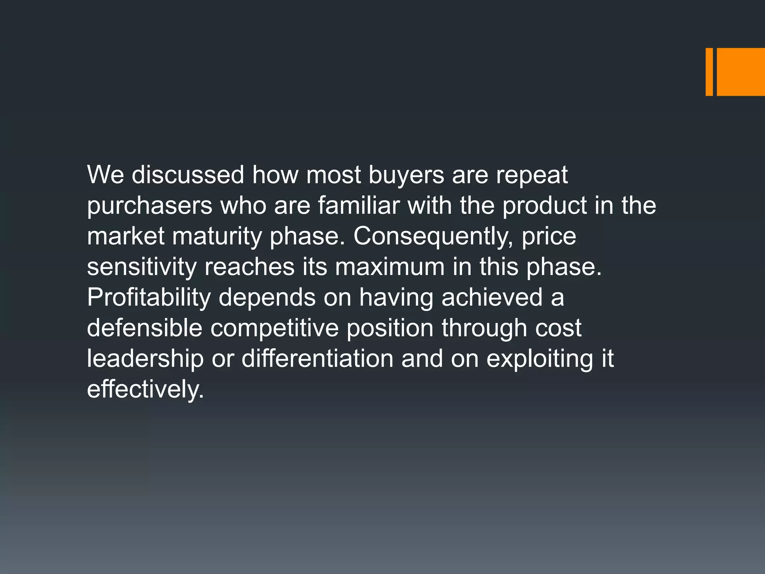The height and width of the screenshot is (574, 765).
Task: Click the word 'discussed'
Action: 188,175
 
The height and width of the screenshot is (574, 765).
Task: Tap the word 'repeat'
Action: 532,175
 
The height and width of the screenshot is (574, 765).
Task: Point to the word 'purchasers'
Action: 149,206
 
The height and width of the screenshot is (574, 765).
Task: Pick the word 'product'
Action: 544,206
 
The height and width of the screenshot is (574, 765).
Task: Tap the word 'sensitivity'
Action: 142,267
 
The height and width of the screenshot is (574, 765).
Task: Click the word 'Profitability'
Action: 149,298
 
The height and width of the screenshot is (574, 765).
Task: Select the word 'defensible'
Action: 145,328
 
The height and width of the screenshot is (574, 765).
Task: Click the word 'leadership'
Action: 145,359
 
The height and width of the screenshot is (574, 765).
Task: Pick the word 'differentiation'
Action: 317,358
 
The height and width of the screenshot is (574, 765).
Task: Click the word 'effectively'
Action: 145,389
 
